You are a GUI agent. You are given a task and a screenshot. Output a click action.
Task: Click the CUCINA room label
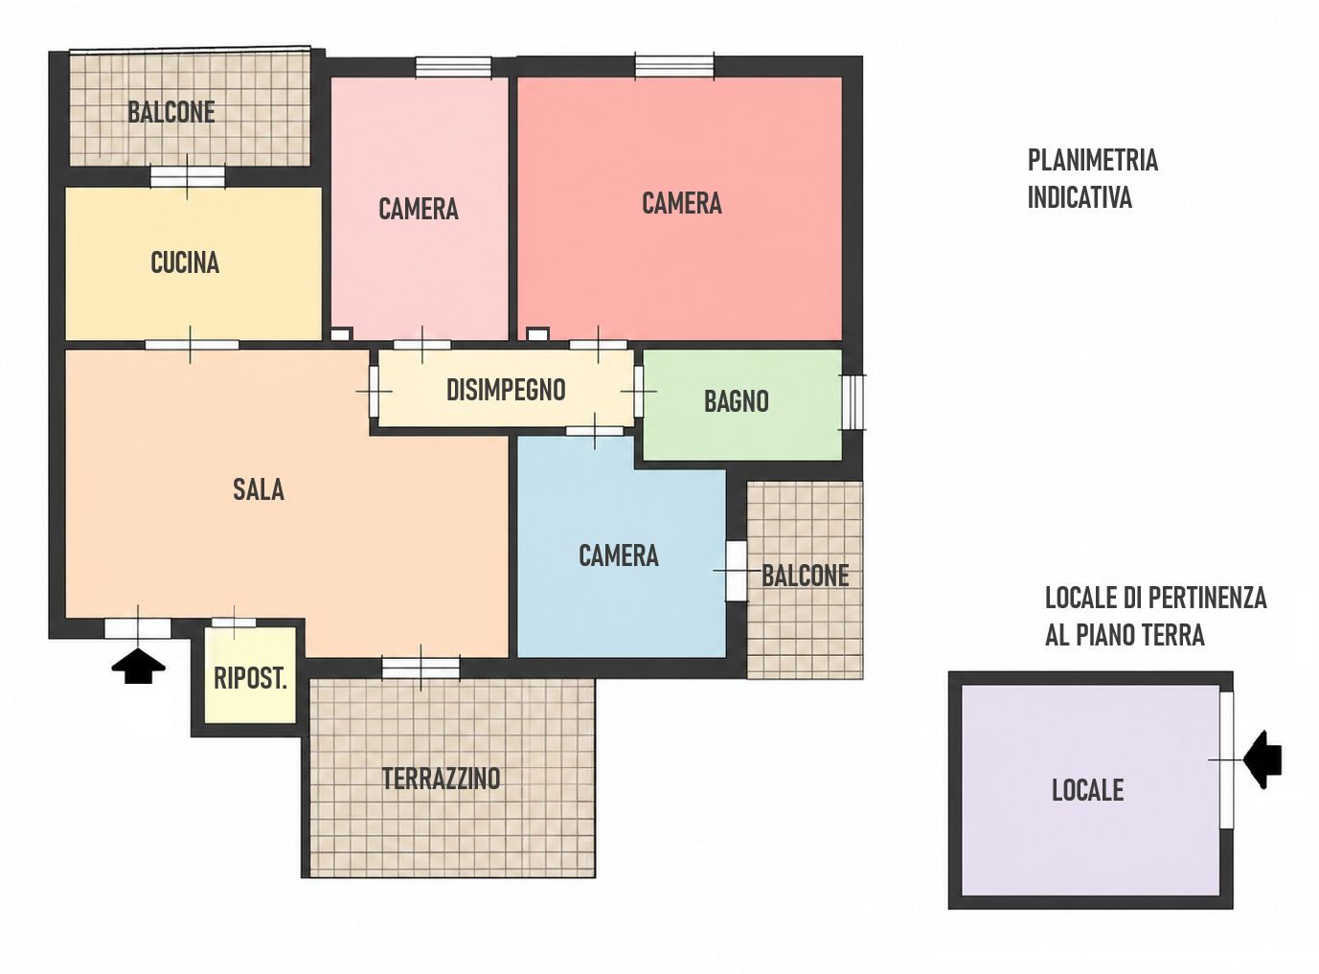[x=185, y=262]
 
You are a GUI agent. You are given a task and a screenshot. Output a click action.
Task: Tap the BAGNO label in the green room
[x=737, y=401]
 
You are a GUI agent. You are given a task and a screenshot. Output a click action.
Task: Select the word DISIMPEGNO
[x=506, y=390]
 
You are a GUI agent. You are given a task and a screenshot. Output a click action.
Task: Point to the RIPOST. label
[x=250, y=678]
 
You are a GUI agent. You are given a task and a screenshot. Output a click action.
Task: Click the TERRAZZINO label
[x=441, y=779]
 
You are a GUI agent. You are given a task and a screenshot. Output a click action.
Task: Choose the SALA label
[x=258, y=490]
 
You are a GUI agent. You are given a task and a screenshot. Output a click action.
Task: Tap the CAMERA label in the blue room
[x=619, y=556]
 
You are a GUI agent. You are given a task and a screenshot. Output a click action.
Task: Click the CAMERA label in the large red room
[x=681, y=203]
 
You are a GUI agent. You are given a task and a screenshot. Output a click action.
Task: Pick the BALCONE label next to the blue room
[x=806, y=576]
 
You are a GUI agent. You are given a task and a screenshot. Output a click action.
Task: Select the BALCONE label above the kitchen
[x=171, y=112]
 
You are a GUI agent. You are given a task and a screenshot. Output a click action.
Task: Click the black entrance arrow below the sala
[x=138, y=666]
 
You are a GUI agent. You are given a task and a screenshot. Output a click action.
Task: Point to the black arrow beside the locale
[x=1263, y=759]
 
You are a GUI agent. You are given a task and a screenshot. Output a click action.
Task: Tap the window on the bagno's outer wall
[x=853, y=402]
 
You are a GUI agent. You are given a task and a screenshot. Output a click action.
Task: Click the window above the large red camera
[x=674, y=65]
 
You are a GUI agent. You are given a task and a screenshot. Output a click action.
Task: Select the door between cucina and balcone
[x=188, y=177]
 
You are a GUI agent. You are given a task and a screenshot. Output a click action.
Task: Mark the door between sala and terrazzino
[x=421, y=668]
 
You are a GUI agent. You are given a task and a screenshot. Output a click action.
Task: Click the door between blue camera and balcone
[x=737, y=571]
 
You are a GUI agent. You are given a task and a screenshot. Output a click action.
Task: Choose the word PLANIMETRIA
[x=1093, y=161]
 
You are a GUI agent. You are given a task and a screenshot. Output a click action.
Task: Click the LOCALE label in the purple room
[x=1087, y=790]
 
